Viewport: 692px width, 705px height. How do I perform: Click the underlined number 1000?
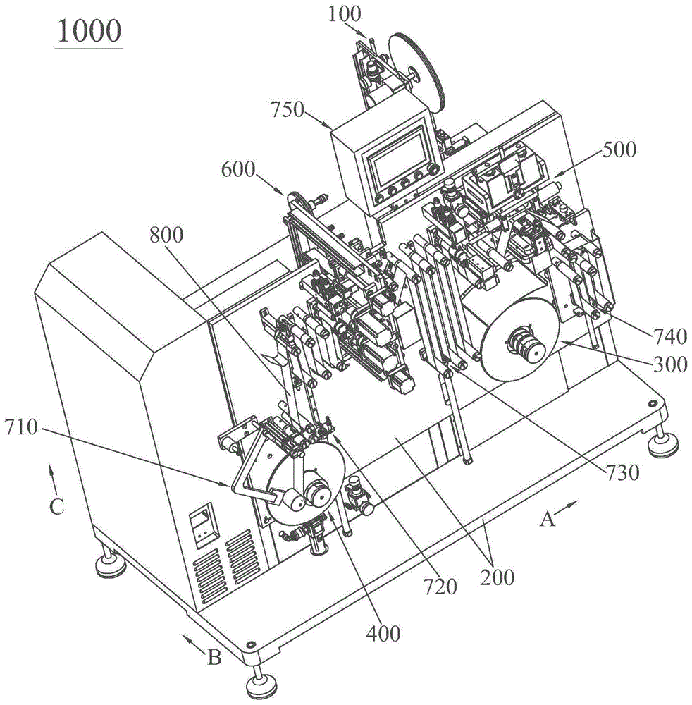point(89,32)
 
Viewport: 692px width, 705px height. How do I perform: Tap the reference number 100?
point(344,14)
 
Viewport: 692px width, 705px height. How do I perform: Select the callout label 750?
point(288,110)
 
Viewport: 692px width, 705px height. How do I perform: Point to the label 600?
point(238,170)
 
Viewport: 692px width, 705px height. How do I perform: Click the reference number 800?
point(166,235)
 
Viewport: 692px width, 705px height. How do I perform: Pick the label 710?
point(22,428)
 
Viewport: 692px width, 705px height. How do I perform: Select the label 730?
point(622,473)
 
